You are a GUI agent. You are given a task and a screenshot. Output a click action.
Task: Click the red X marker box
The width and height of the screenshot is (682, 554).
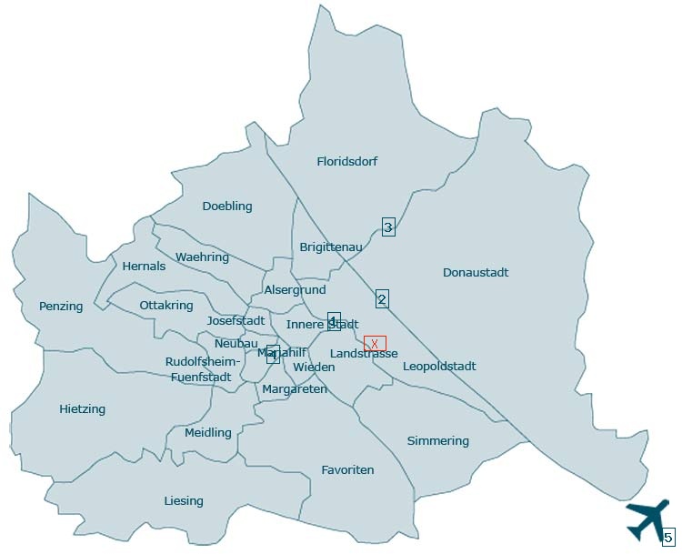coord(375,343)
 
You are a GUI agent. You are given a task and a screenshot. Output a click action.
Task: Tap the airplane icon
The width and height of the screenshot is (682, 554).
coord(647,519)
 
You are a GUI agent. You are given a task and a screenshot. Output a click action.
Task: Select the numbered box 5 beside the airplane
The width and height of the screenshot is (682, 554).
coord(668,537)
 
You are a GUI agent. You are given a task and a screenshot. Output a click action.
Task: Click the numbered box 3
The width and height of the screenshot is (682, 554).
coord(388,227)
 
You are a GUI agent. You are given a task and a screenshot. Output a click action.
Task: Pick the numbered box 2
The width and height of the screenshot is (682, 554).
coord(382,298)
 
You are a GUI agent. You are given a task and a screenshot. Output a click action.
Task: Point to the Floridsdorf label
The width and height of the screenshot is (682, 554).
coord(346,162)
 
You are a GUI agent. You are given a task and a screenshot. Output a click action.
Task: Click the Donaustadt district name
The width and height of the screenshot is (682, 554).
coord(476,273)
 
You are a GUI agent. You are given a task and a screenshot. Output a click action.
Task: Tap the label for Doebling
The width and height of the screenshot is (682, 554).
coord(227,206)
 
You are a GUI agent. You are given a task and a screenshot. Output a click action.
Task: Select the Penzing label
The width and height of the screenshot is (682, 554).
coord(61,307)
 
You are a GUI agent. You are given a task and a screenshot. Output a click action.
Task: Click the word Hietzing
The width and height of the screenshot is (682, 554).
coord(82,409)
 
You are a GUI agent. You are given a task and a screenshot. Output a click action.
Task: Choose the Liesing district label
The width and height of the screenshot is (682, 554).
coord(184,501)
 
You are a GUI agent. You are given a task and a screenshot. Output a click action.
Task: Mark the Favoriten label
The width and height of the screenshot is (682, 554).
coord(347,470)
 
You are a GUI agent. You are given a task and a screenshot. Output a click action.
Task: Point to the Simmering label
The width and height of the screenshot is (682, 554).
coord(438,441)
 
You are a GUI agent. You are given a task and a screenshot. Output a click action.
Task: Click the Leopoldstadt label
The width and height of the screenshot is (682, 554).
coord(439,367)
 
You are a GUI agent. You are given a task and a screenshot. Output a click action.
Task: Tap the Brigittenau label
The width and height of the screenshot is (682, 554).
coord(331,247)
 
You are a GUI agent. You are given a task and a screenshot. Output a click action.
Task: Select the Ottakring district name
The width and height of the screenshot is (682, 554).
coord(166,306)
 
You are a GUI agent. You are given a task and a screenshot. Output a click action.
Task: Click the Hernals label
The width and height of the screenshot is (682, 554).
coord(144,267)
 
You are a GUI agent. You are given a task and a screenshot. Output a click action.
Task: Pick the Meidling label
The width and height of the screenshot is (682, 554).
coord(208,433)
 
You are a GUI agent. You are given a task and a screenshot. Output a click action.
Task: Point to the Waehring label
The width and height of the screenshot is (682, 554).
coord(202,257)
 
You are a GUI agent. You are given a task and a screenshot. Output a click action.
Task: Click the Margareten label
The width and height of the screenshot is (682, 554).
coord(294,389)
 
